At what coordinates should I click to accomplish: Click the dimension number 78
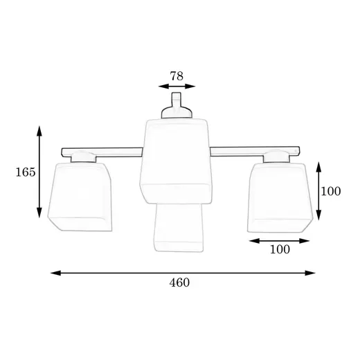(177, 76)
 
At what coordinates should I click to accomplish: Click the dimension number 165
(26, 172)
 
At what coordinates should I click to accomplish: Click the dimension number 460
(179, 282)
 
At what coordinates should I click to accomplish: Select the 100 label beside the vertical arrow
(331, 191)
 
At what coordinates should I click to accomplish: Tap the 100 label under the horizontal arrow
(280, 249)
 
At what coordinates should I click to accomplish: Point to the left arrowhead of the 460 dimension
(56, 273)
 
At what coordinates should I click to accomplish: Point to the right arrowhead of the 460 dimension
(310, 273)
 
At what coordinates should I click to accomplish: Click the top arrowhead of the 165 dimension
(39, 131)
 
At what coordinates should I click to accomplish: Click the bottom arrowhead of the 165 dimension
(39, 213)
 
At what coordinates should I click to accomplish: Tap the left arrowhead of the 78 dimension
(163, 87)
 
